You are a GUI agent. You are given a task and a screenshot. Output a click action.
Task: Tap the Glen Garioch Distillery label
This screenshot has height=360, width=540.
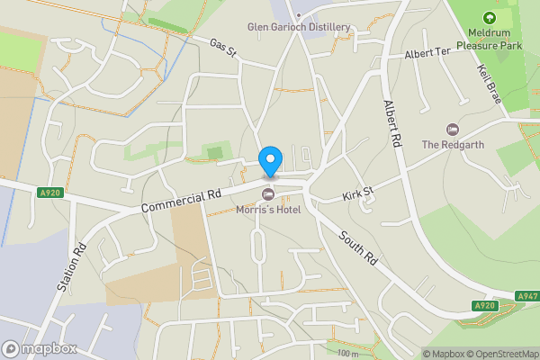coord(300,27)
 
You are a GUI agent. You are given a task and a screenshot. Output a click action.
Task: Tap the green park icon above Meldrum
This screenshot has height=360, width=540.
coord(489,17)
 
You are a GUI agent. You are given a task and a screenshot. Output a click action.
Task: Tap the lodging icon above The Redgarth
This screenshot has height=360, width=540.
coord(452,129)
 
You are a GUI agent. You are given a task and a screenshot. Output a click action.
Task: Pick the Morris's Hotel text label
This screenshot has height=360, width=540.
coord(267,211)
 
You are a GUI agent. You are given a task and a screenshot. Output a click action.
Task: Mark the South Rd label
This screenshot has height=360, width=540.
coord(357,247)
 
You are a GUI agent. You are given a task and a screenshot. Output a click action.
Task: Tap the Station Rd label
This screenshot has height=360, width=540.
coord(70,267)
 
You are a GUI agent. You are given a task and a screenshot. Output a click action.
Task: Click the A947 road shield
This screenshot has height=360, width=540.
coord(527,296)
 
